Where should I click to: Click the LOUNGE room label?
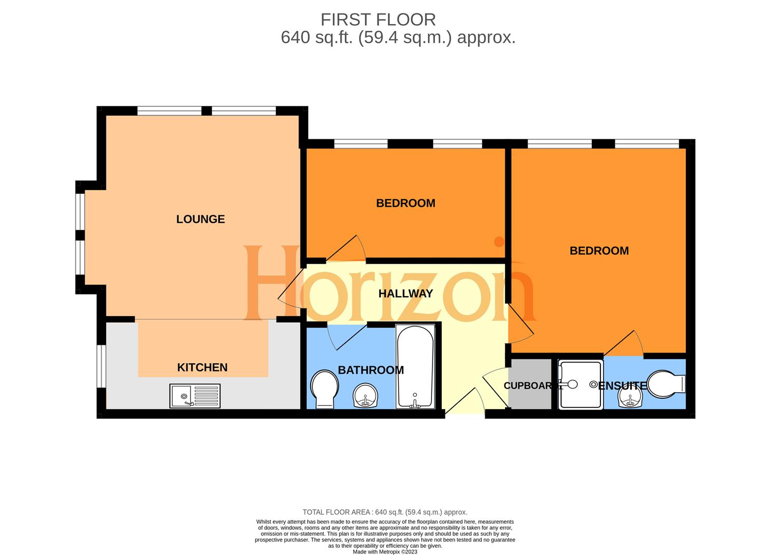[200, 219]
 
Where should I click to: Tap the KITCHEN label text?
[202, 367]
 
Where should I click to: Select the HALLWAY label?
[405, 294]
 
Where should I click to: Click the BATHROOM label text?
[370, 370]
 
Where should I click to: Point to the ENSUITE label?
[622, 385]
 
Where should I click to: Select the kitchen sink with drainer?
[195, 396]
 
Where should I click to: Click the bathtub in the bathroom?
[415, 366]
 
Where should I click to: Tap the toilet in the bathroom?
[324, 389]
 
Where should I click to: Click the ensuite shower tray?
[580, 385]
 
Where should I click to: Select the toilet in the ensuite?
[666, 384]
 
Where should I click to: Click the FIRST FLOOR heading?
[378, 20]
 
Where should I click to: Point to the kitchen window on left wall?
[101, 365]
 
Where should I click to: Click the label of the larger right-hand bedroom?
[599, 251]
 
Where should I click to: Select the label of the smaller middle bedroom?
[405, 203]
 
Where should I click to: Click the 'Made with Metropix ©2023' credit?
[385, 552]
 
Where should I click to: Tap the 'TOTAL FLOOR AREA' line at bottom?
[385, 512]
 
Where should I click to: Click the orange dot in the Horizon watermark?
[498, 242]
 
